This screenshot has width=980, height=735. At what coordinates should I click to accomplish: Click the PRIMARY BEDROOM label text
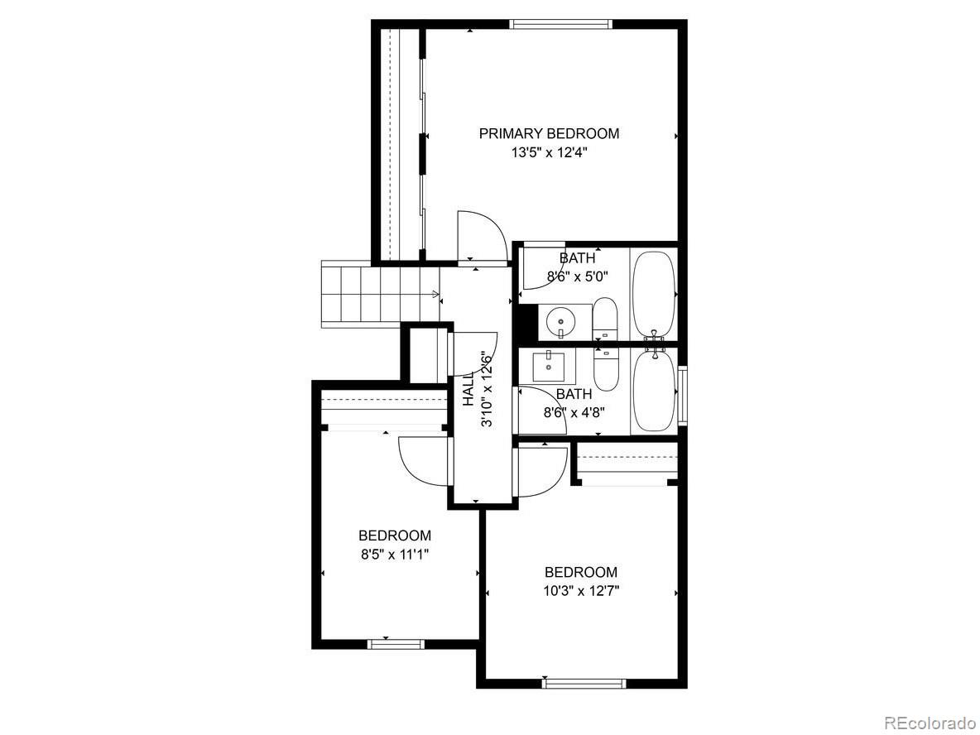click(x=549, y=133)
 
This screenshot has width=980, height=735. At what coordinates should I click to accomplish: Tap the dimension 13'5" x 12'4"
click(x=549, y=153)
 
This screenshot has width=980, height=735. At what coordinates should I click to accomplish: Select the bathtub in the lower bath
click(x=654, y=390)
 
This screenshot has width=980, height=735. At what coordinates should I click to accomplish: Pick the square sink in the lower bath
click(x=548, y=364)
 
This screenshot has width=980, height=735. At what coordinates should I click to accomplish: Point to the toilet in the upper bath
click(x=605, y=319)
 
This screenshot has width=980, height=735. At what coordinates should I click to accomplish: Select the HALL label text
click(x=468, y=389)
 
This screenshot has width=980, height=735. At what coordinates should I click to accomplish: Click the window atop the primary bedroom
click(x=561, y=24)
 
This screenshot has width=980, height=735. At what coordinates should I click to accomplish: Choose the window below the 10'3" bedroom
click(x=583, y=684)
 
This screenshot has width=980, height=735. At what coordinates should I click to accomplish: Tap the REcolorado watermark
click(x=930, y=723)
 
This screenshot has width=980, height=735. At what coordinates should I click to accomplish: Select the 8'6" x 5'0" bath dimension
click(x=570, y=277)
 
